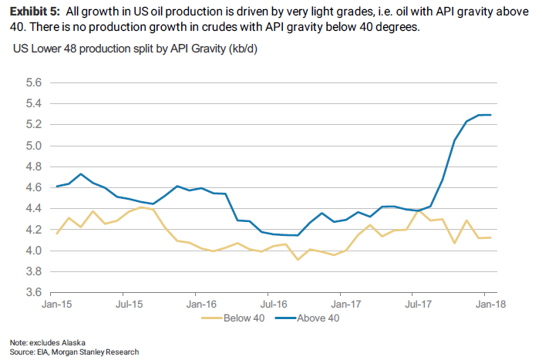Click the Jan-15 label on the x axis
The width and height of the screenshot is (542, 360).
coord(51,305)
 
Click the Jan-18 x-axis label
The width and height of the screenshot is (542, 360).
coord(489,305)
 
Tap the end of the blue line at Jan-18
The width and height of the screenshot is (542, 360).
coord(491,115)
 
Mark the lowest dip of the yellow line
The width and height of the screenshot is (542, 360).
coord(298,259)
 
